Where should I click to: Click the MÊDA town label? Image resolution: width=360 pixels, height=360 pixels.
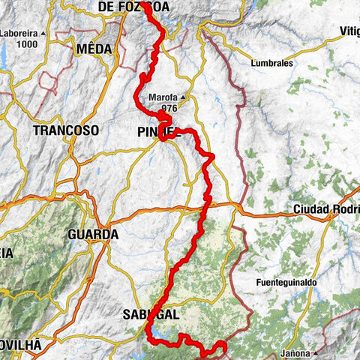click(94, 49)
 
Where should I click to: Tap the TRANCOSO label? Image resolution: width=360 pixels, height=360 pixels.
click(66, 130)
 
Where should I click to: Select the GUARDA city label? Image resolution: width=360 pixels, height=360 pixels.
click(93, 235)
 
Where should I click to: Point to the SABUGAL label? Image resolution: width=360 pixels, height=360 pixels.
click(150, 315)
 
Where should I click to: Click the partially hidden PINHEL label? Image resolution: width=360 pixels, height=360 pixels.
click(158, 132)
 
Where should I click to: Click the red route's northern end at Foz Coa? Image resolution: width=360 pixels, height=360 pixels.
click(144, 8)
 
